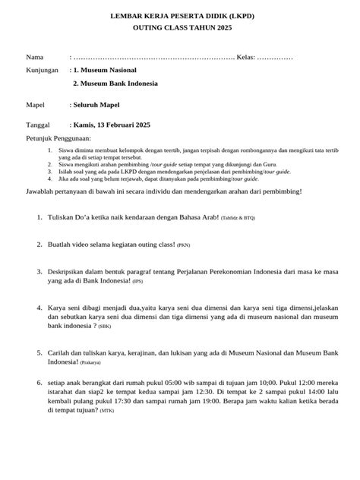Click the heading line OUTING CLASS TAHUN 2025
[180, 27]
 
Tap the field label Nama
[35, 58]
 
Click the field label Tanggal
[39, 124]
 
